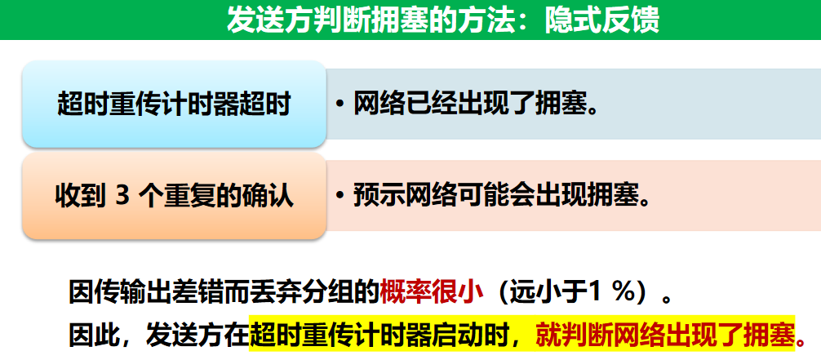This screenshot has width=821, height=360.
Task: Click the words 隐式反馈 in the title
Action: coord(601,20)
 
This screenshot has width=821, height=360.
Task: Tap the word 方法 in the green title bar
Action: coord(475,20)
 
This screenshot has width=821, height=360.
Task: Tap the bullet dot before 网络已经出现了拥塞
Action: coord(339,104)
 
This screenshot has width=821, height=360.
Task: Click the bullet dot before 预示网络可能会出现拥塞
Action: coord(339,196)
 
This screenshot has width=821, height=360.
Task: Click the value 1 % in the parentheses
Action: coord(613,293)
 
